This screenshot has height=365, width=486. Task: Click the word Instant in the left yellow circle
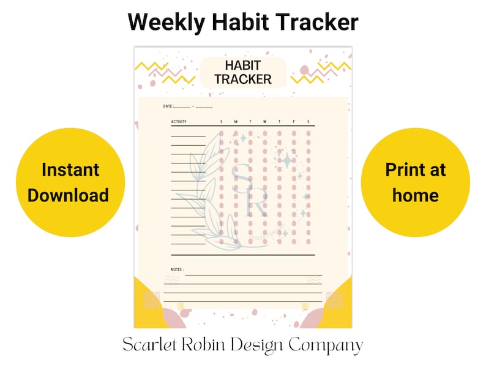[x=70, y=170]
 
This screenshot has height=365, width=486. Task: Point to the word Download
[x=68, y=195]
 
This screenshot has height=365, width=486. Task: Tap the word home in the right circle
[x=416, y=195]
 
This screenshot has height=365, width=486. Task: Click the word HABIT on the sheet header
[x=243, y=66]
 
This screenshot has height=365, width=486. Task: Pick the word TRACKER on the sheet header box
[x=243, y=80]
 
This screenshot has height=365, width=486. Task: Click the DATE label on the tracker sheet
[x=168, y=107]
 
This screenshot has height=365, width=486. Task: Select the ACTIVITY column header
[x=179, y=122]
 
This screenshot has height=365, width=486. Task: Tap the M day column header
[x=236, y=122]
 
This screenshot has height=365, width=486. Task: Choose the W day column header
[x=265, y=122]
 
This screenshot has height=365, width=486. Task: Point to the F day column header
[x=294, y=122]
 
